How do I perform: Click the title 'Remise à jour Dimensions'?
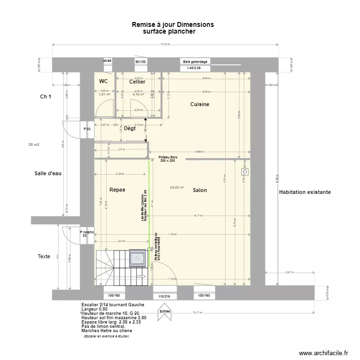[173, 24]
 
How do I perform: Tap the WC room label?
[104, 82]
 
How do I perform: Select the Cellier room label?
[137, 82]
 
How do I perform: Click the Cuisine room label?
[200, 104]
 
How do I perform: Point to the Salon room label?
[200, 190]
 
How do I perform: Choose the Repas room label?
[117, 190]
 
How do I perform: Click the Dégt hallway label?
[130, 128]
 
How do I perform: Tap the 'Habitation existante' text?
[304, 192]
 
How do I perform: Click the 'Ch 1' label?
[46, 96]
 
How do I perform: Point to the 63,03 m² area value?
[177, 188]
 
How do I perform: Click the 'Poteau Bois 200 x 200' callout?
[167, 159]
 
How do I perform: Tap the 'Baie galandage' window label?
[195, 61]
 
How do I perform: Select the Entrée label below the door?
[165, 311]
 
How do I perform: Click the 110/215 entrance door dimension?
[165, 296]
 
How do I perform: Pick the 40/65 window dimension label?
[107, 61]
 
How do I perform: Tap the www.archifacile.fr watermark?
[323, 353]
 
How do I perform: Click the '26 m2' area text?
[34, 144]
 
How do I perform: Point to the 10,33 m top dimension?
[165, 45]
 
